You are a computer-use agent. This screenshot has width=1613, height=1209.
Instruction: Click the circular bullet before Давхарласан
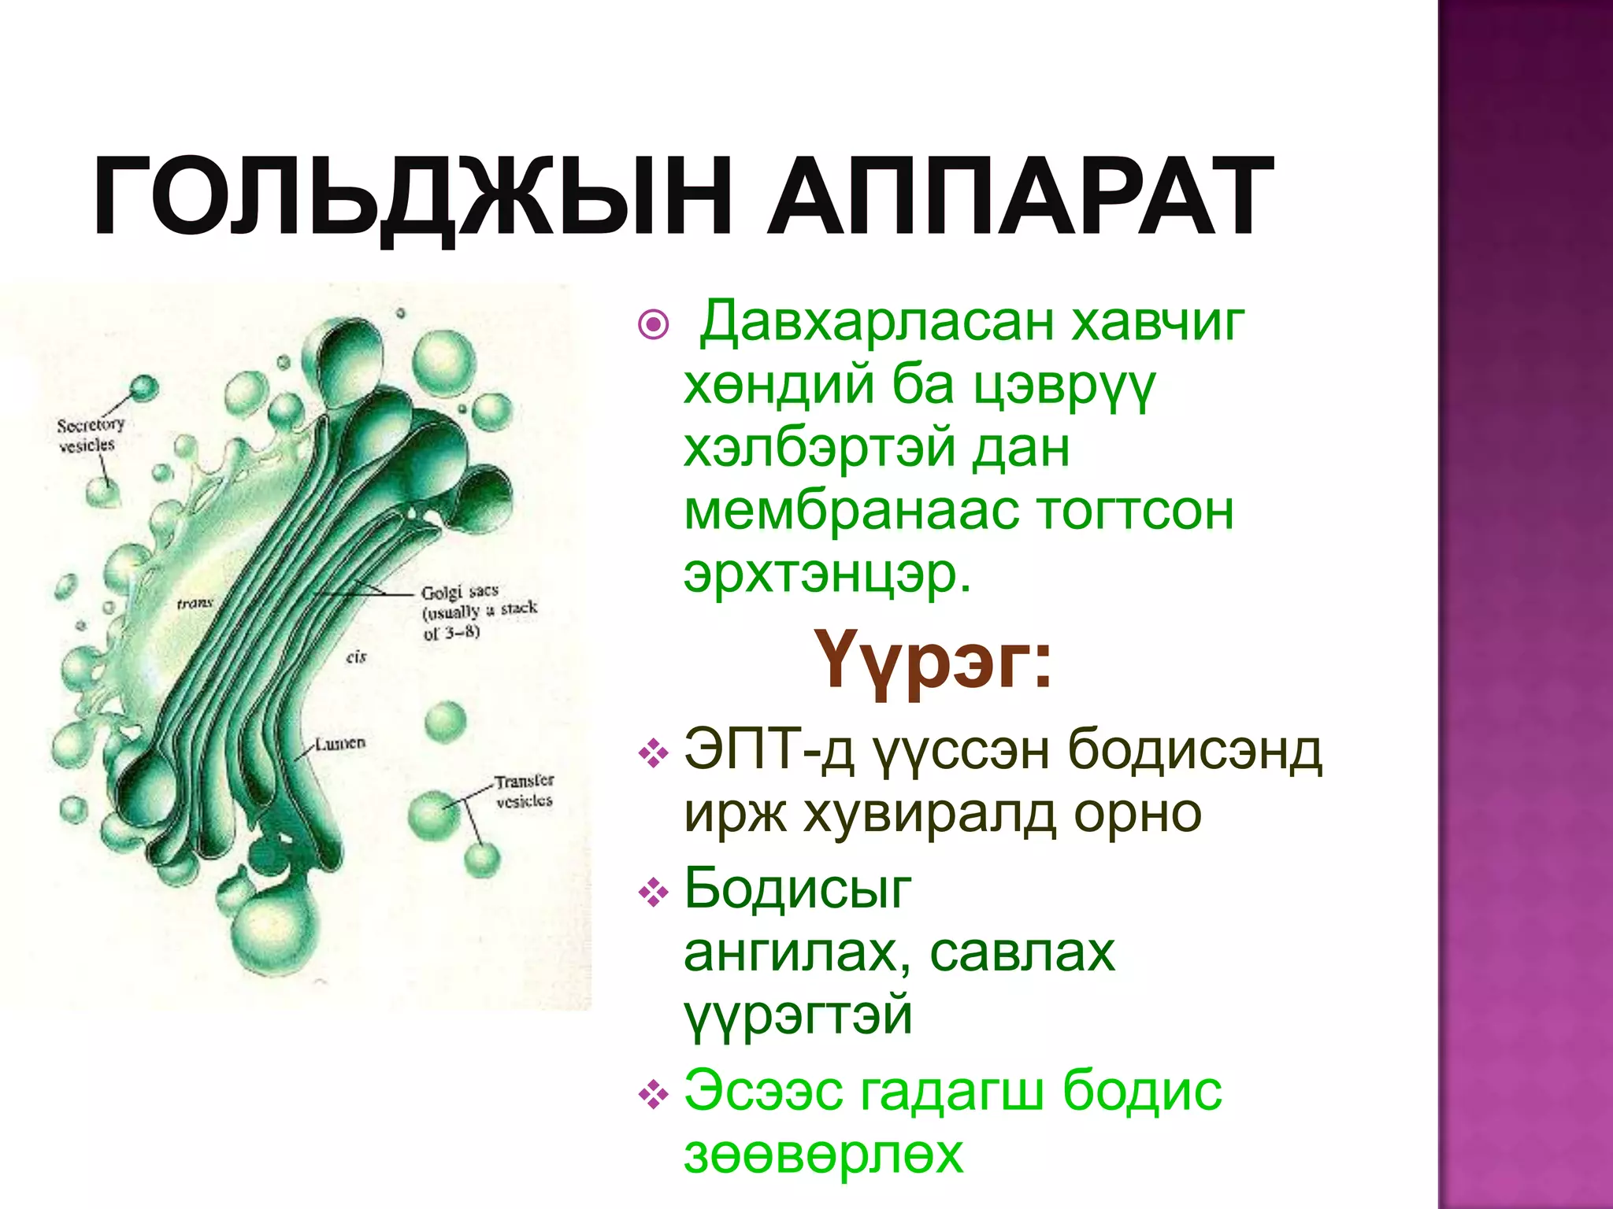[654, 324]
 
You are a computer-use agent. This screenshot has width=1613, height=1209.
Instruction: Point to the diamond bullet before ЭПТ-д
[653, 753]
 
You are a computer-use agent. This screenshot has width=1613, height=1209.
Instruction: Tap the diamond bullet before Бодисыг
[653, 893]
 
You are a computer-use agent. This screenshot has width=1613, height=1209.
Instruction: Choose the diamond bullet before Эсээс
[653, 1095]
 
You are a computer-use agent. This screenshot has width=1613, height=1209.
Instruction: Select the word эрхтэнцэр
[828, 575]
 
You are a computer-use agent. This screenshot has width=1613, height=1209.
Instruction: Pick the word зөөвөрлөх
[823, 1154]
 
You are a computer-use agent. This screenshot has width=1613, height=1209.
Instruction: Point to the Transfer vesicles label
[524, 791]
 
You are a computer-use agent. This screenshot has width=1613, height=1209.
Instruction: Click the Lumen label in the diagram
[340, 743]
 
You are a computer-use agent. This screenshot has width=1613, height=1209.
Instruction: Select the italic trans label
[195, 604]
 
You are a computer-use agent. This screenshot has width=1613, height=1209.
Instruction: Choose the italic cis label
[356, 656]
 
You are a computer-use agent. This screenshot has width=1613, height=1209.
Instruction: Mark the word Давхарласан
[877, 323]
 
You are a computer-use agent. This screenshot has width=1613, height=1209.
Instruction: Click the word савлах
[1022, 953]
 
